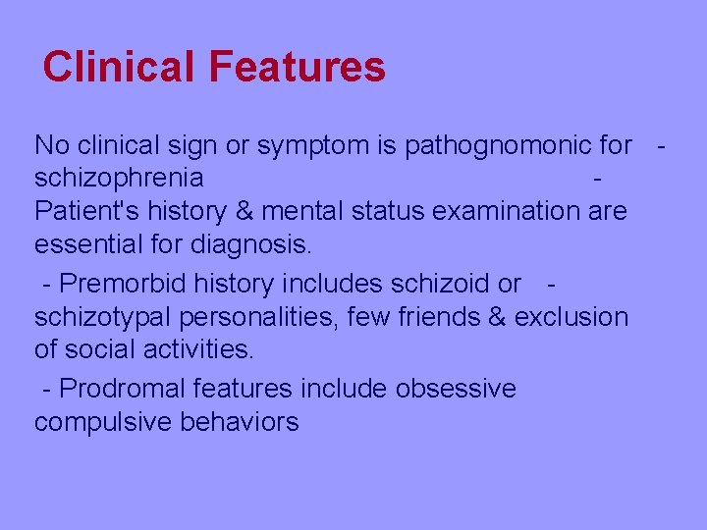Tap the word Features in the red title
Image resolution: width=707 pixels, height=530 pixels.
click(297, 67)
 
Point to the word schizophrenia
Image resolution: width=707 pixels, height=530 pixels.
click(119, 179)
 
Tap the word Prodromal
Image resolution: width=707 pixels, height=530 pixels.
click(123, 389)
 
